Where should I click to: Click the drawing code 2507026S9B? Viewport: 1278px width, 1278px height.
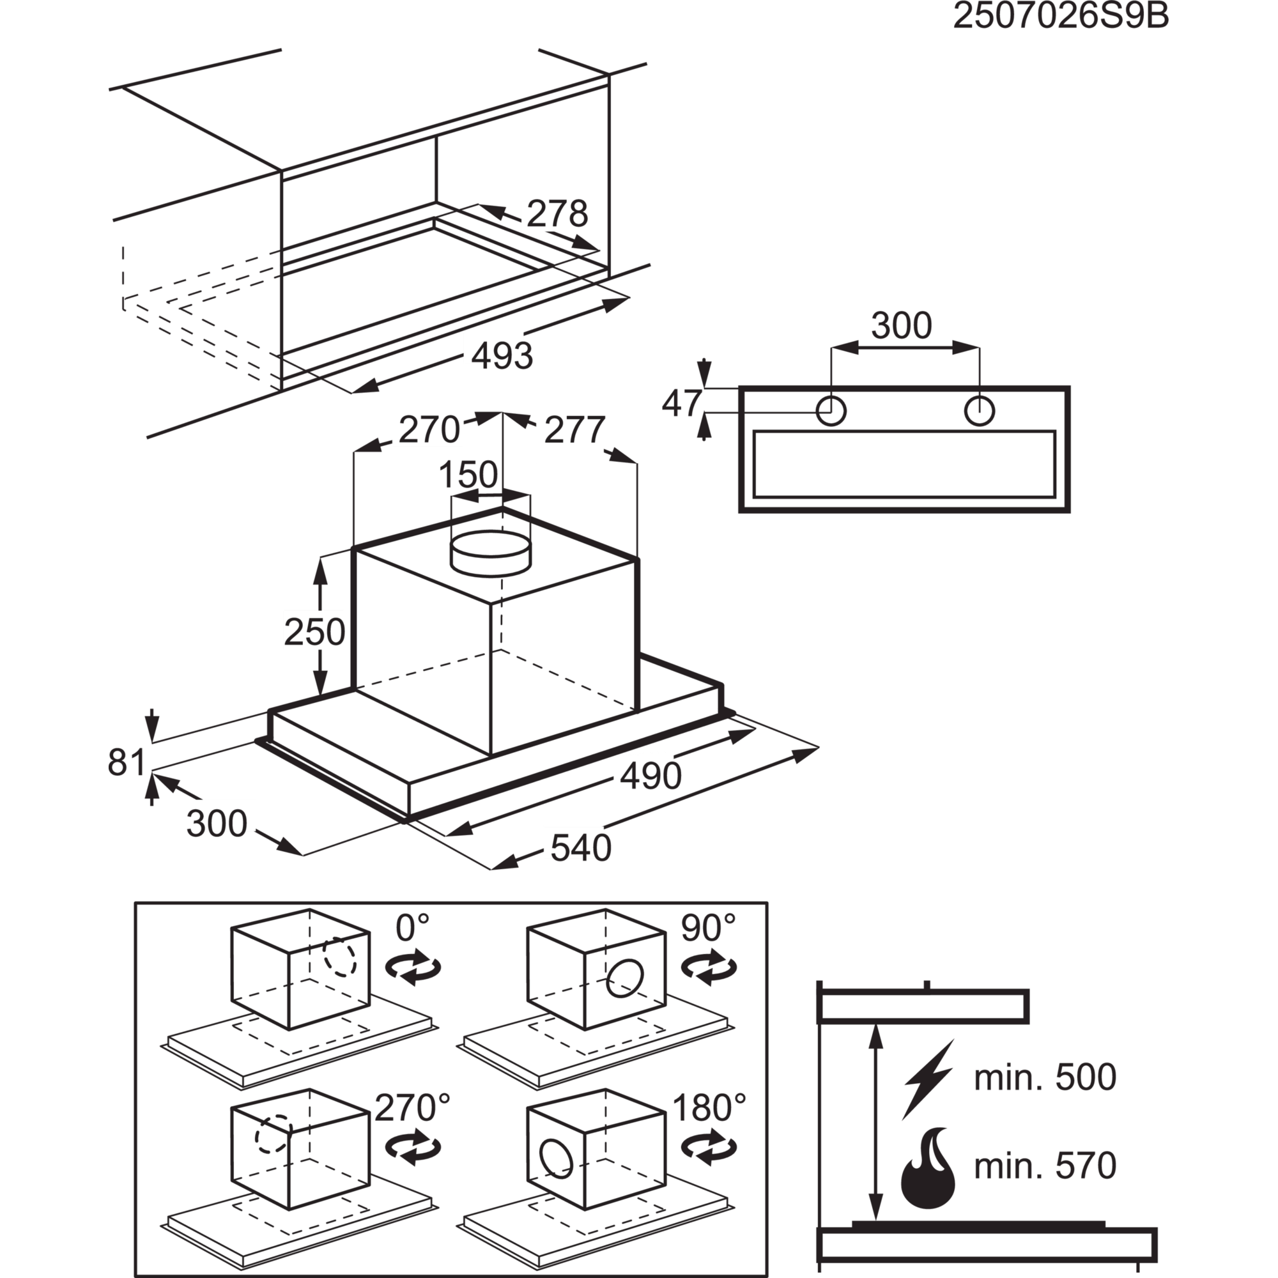(1061, 17)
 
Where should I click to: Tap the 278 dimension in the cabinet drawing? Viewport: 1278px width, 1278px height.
(557, 213)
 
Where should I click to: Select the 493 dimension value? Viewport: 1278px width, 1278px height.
(502, 355)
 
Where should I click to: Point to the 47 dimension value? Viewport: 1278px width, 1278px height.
(681, 403)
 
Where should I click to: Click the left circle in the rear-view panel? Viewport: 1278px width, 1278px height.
(831, 411)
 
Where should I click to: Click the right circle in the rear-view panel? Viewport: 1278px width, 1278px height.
(980, 411)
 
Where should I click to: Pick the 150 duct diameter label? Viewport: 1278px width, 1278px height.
(468, 474)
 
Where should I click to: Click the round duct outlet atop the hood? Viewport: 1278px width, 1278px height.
(490, 552)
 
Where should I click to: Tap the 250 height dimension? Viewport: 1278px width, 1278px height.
(314, 632)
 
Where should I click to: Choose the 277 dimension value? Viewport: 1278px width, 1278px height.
(574, 430)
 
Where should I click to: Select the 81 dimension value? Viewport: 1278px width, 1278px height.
(127, 762)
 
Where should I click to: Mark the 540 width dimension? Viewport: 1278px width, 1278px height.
(581, 848)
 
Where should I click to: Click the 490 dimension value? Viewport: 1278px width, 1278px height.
(651, 775)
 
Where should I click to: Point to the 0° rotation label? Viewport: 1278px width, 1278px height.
(412, 927)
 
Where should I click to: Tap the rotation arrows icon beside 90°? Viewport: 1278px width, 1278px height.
(709, 967)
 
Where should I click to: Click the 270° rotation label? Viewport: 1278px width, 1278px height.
(412, 1107)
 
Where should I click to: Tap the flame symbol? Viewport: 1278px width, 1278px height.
(928, 1166)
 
